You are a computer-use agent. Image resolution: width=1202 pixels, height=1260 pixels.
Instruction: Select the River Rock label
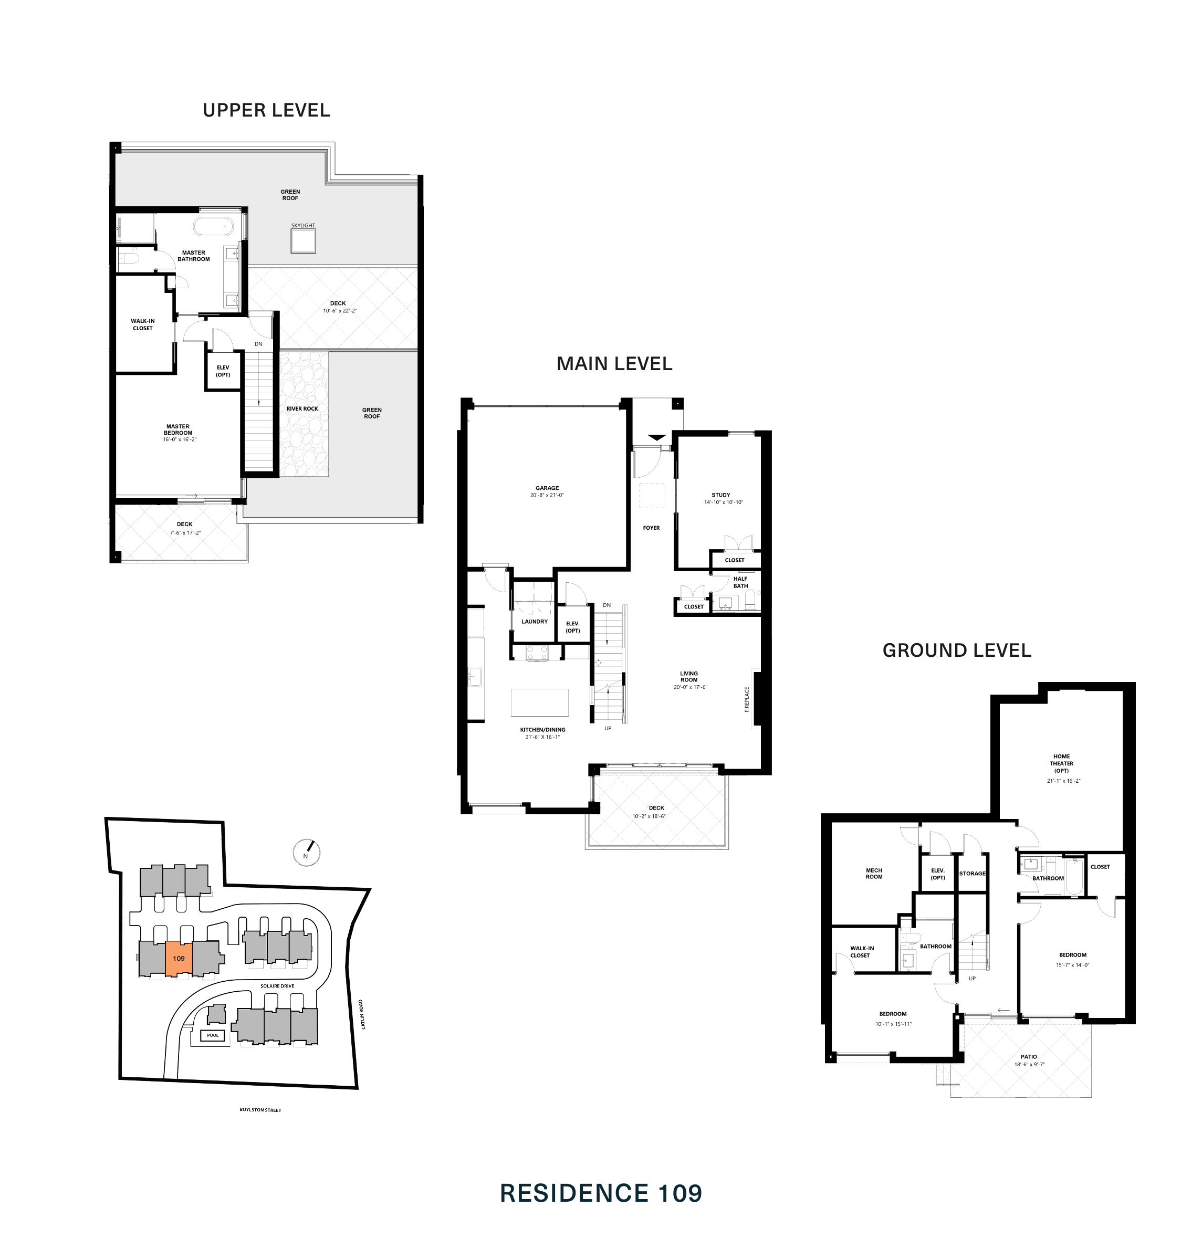(302, 408)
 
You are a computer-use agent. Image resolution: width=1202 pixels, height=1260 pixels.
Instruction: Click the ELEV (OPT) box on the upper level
(223, 372)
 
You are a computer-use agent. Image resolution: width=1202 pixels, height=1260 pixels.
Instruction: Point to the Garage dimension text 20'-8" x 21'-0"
(547, 495)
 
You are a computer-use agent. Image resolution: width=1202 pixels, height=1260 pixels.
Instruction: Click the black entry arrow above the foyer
(657, 437)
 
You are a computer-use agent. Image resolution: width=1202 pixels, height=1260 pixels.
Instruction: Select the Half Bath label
(740, 582)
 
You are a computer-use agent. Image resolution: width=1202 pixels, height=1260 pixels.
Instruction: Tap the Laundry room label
(535, 622)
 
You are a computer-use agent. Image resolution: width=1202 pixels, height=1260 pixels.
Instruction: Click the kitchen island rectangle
(539, 702)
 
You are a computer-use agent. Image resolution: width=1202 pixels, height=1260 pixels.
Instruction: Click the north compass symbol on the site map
(306, 853)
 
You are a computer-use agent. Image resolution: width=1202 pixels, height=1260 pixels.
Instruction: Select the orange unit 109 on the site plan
(179, 958)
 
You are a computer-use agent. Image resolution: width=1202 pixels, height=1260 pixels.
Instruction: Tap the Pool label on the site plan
(213, 1035)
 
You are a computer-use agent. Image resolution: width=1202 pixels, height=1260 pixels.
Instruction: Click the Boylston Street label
(260, 1109)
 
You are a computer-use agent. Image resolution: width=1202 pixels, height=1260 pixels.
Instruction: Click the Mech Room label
(874, 874)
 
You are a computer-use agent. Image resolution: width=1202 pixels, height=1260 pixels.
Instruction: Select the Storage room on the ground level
(972, 874)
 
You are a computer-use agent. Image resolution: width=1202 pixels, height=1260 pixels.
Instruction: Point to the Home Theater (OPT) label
(1061, 763)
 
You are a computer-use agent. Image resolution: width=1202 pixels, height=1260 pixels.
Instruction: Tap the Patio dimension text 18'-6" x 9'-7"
(1029, 1065)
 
